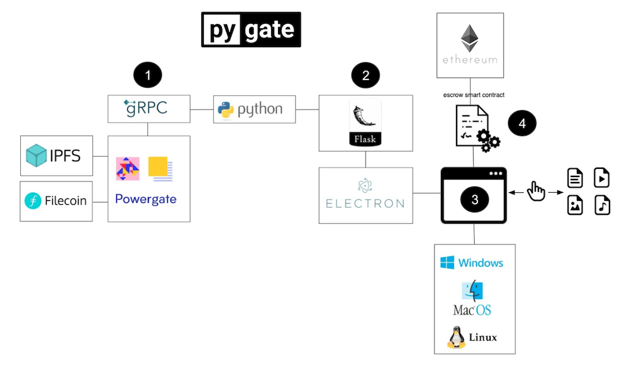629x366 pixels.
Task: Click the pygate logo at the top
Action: [x=251, y=30]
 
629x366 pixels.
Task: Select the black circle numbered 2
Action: [x=365, y=76]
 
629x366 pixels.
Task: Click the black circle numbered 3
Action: [x=474, y=199]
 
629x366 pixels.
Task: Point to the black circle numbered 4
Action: [x=521, y=124]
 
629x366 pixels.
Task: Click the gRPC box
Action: [x=147, y=108]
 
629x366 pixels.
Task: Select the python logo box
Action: [x=250, y=110]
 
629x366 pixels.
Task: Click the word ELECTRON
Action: [x=365, y=203]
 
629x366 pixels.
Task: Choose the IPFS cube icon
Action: [x=36, y=155]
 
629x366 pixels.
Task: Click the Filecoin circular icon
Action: [x=33, y=201]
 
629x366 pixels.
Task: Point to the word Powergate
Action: [x=146, y=199]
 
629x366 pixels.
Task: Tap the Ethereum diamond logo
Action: [x=469, y=38]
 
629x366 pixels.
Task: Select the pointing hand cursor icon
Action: [x=536, y=190]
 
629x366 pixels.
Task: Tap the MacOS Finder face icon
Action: [x=472, y=290]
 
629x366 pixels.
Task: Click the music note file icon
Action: [x=602, y=205]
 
